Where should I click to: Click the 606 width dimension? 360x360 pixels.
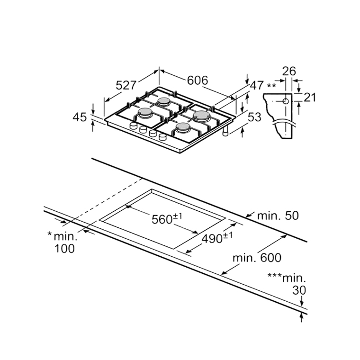197,81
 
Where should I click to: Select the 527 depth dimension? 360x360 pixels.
126,86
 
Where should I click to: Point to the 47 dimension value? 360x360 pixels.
256,86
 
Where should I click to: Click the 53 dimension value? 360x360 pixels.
254,117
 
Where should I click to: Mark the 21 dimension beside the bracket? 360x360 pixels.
309,98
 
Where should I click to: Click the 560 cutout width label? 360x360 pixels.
164,219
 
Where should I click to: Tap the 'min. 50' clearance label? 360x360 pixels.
278,216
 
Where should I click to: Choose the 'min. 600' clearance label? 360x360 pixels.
257,258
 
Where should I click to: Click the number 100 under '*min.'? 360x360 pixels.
64,248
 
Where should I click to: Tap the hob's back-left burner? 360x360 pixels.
164,102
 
